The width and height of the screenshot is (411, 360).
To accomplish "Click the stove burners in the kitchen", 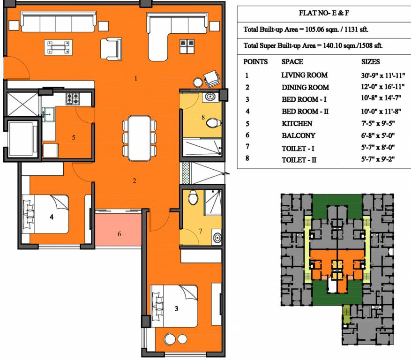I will [x=72, y=98].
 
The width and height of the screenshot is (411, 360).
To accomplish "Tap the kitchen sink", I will [x=47, y=113].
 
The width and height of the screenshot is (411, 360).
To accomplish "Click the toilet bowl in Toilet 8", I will [x=213, y=123].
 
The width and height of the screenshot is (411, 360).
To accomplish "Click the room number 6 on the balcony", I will [x=120, y=233].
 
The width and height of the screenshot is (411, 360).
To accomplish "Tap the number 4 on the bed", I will [x=52, y=217].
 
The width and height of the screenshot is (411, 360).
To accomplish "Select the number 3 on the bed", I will [x=176, y=308].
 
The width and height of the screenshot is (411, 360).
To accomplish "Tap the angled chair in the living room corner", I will [x=212, y=77].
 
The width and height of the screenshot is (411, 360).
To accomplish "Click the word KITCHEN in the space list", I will [x=297, y=124].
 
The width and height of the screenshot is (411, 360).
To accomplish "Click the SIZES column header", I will [x=370, y=62].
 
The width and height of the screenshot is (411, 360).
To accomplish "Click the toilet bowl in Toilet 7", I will [x=192, y=199].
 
